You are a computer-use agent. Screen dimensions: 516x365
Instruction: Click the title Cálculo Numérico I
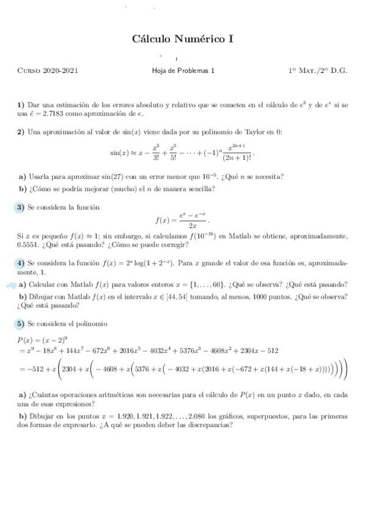click(183, 40)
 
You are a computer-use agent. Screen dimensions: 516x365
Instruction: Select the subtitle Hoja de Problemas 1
click(183, 71)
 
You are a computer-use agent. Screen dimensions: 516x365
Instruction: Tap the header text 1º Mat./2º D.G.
click(317, 71)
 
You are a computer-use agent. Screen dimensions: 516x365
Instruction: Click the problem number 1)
click(21, 105)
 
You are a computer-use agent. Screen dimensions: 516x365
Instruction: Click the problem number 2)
click(21, 132)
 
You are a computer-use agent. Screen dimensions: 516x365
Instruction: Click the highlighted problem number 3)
click(21, 207)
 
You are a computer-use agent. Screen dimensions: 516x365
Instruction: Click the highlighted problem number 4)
click(21, 263)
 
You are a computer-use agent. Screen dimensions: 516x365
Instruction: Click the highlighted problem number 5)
click(21, 323)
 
